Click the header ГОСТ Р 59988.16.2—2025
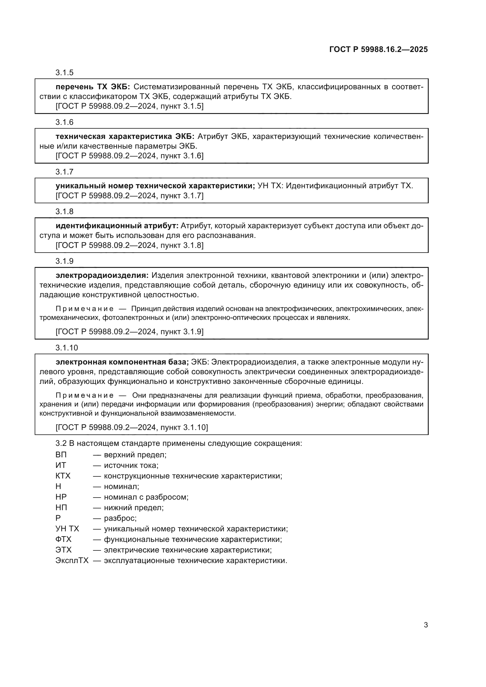point(378,49)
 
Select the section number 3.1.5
point(64,73)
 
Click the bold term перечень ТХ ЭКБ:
point(93,87)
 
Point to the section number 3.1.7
point(64,172)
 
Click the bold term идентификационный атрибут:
point(117,226)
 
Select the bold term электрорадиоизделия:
point(102,275)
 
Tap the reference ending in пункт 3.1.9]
point(129,332)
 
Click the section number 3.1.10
point(66,348)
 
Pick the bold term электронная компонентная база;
point(122,362)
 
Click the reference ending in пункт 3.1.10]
point(132,427)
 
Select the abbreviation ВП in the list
point(61,455)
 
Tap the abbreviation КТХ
point(63,476)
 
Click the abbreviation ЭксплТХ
point(72,560)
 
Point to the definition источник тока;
point(131,465)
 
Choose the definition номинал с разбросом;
point(146,497)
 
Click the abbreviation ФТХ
point(63,539)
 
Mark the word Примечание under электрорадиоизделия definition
point(84,309)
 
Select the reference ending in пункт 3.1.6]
point(129,156)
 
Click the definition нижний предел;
point(133,508)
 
